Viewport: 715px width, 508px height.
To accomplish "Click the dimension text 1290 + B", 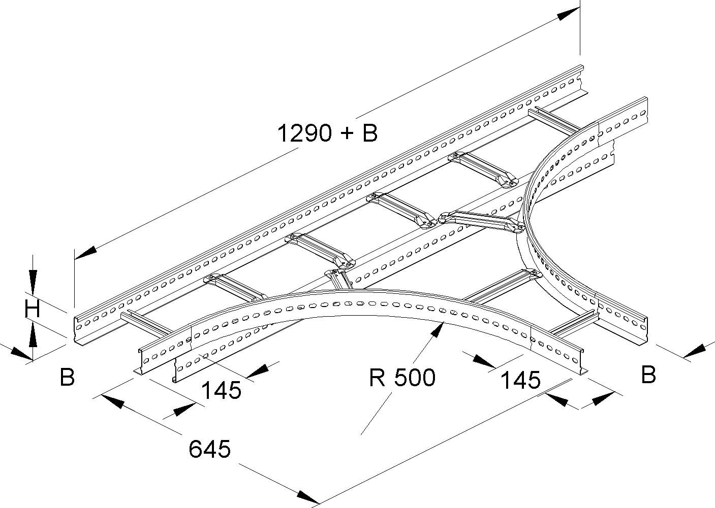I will [x=327, y=133].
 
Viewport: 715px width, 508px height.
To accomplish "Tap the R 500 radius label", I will [x=402, y=378].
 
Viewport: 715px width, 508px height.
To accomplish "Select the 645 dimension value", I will [x=209, y=449].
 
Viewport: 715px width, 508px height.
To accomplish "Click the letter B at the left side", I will [x=67, y=378].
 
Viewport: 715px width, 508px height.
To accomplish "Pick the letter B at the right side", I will [x=648, y=375].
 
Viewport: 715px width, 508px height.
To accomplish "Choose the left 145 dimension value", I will [x=221, y=391].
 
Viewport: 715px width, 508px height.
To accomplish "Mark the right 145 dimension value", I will [x=520, y=380].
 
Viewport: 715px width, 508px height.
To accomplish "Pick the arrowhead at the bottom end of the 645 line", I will [x=308, y=498].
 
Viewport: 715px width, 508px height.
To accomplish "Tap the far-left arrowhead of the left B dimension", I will [x=19, y=354].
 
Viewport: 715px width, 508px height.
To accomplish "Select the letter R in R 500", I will [x=377, y=378].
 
